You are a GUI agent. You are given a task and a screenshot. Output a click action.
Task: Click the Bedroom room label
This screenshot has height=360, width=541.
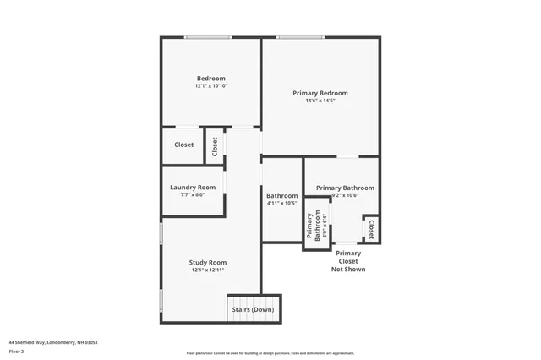coord(211,79)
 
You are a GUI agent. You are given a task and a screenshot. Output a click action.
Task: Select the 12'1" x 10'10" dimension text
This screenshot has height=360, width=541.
coord(211,86)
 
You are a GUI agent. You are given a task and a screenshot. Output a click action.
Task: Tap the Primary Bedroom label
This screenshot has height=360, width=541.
coord(320,93)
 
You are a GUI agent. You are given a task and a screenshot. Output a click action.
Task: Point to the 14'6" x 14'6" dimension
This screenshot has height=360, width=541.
coord(320,101)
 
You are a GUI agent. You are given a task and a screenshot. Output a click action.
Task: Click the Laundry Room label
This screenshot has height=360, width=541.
coord(193,187)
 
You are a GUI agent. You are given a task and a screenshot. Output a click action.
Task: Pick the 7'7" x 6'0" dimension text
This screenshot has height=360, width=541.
coord(193,194)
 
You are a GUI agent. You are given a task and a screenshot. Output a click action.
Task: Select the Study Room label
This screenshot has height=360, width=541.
coord(208,262)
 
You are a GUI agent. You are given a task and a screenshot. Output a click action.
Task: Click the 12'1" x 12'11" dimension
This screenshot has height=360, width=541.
coord(208,270)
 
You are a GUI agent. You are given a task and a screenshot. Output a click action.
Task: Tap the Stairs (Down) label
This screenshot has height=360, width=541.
coord(253,309)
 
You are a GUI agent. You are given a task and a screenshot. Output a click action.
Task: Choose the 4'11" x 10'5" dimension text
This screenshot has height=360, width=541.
coord(281,203)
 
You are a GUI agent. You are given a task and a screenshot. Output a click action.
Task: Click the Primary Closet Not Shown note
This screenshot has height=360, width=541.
coord(348,260)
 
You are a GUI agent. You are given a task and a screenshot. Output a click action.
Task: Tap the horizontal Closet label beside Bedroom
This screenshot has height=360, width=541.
coord(184,145)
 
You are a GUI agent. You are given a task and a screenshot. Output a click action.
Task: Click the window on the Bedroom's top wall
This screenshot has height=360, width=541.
coord(209,37)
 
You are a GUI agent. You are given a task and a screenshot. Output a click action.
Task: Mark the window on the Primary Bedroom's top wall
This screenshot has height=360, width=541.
coord(300,37)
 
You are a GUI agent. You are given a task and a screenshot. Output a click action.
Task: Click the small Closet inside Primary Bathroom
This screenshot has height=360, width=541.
coord(370,229)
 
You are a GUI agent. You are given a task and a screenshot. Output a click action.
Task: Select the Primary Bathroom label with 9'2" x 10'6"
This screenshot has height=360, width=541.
coord(345,188)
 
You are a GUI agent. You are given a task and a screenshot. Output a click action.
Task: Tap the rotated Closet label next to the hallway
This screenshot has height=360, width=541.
coord(215,146)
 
